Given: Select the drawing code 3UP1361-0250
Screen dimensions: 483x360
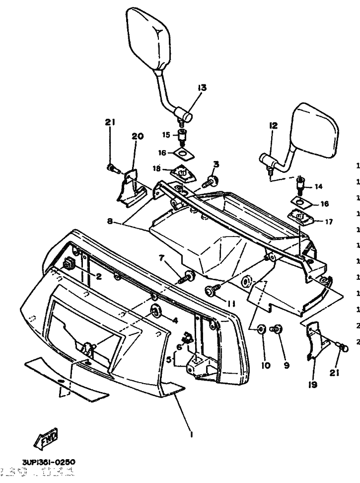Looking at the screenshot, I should pos(48,462).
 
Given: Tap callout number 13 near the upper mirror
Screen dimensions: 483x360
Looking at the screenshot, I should pos(201,88).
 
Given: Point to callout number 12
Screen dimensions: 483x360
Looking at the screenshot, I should pos(273,126).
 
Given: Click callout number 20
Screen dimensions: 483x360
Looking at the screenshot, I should pos(137,136).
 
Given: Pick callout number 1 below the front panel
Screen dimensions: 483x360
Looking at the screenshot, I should pos(192,434).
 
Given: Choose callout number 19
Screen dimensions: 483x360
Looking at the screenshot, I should pos(313,385).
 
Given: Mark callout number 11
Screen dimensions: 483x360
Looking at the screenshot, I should pos(231,304).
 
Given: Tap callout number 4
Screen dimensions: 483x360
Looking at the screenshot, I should pos(174,321).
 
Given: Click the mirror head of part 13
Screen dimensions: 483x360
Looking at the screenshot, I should pos(149,37).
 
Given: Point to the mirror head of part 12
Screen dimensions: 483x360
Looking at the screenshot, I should pos(316,130).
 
